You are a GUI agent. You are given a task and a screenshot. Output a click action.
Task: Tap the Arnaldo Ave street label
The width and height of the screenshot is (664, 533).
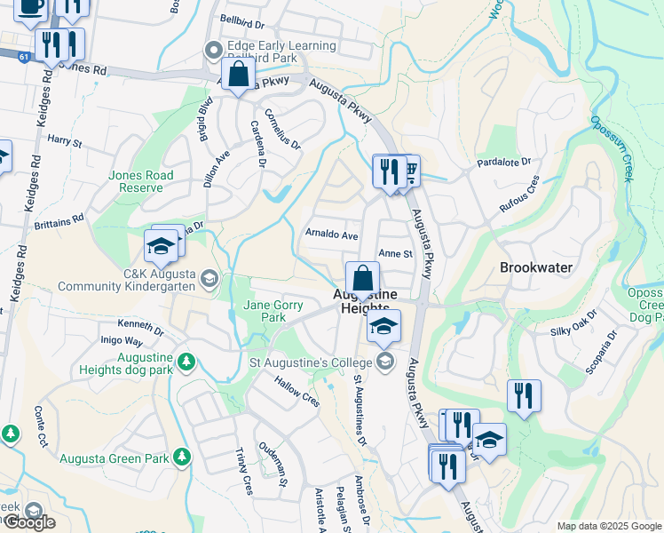point(331,235)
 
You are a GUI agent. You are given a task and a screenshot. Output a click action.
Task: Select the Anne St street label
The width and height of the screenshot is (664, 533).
point(396,253)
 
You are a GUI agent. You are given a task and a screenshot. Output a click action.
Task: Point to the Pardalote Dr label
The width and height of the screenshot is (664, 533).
point(502,163)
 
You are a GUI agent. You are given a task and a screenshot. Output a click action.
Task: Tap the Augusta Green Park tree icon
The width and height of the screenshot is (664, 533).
point(182,456)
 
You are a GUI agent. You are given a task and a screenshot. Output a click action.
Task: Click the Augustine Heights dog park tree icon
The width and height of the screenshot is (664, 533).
point(186,361)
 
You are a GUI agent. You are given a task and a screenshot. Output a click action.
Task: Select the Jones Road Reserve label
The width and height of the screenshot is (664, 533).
point(137,181)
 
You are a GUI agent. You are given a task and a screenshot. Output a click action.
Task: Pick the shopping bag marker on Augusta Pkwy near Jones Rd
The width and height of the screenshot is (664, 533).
point(239,76)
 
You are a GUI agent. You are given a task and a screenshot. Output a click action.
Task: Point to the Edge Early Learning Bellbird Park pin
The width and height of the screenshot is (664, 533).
point(213,51)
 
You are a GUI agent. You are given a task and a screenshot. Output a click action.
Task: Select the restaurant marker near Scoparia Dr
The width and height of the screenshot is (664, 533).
point(524,396)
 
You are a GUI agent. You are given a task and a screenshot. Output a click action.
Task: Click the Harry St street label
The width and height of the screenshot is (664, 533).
point(65,140)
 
